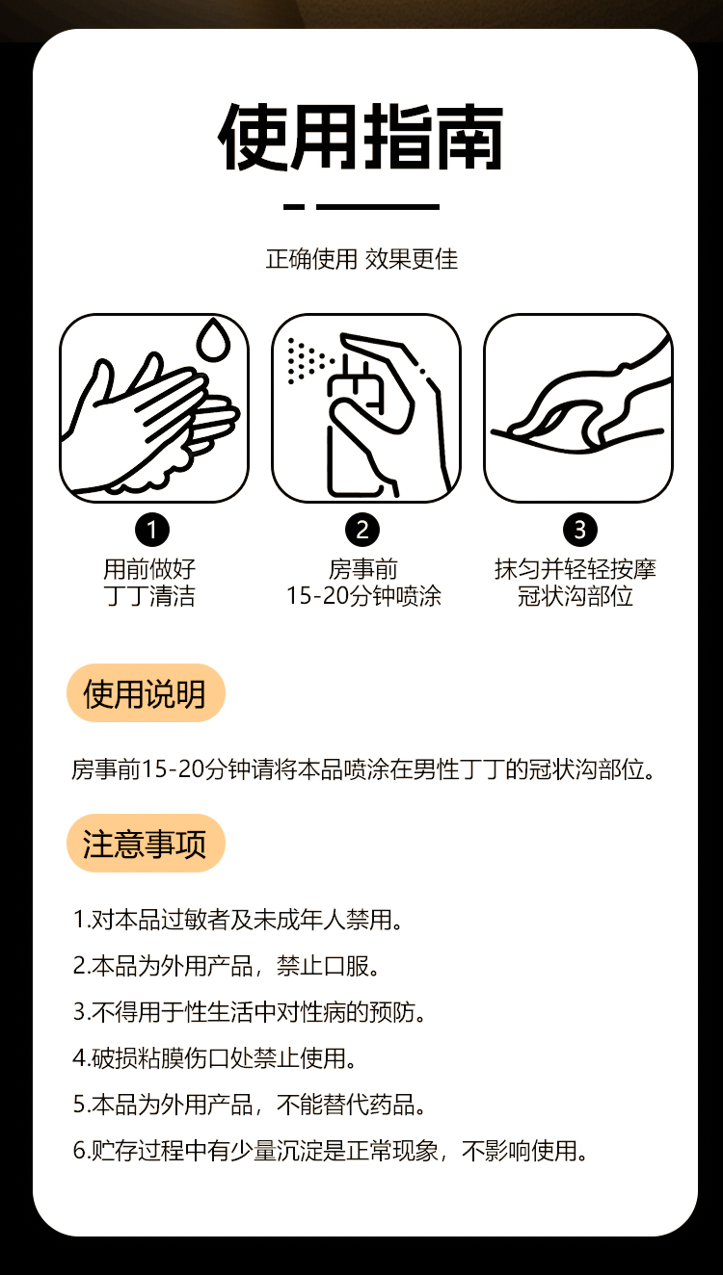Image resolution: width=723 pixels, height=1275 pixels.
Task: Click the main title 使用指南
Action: click(x=361, y=137)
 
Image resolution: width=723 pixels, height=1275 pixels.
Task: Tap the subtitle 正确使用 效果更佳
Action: click(x=361, y=259)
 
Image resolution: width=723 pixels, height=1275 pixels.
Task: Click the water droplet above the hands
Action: click(x=213, y=339)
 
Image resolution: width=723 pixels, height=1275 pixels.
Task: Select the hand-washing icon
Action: click(x=154, y=408)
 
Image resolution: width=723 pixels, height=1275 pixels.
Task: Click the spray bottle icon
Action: click(x=365, y=408)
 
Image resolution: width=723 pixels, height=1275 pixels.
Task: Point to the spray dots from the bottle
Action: click(x=308, y=361)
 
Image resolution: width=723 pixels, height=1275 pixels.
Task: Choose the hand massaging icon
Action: click(x=578, y=408)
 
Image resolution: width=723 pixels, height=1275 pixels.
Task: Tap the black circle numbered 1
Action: click(x=152, y=530)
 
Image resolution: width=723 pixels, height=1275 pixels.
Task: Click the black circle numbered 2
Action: click(x=362, y=530)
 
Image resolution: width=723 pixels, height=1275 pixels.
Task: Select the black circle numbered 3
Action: click(x=580, y=530)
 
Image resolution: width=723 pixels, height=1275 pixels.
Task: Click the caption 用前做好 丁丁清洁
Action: click(x=149, y=583)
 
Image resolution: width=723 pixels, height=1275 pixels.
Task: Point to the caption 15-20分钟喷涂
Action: click(x=363, y=596)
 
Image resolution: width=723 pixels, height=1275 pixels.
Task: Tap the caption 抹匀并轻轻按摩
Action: click(x=576, y=569)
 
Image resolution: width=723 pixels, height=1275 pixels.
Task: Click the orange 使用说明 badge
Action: click(x=146, y=692)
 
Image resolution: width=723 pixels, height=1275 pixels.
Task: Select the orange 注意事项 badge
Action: click(x=146, y=843)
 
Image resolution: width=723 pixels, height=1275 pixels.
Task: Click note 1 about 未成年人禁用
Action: click(x=237, y=920)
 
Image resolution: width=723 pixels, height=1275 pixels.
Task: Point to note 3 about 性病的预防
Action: click(x=249, y=1012)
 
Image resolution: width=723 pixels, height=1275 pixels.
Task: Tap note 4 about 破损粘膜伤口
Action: click(x=214, y=1058)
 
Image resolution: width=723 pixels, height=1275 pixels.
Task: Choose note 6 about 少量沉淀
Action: click(x=330, y=1151)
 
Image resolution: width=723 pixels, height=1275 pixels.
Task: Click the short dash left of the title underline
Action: click(x=294, y=207)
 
